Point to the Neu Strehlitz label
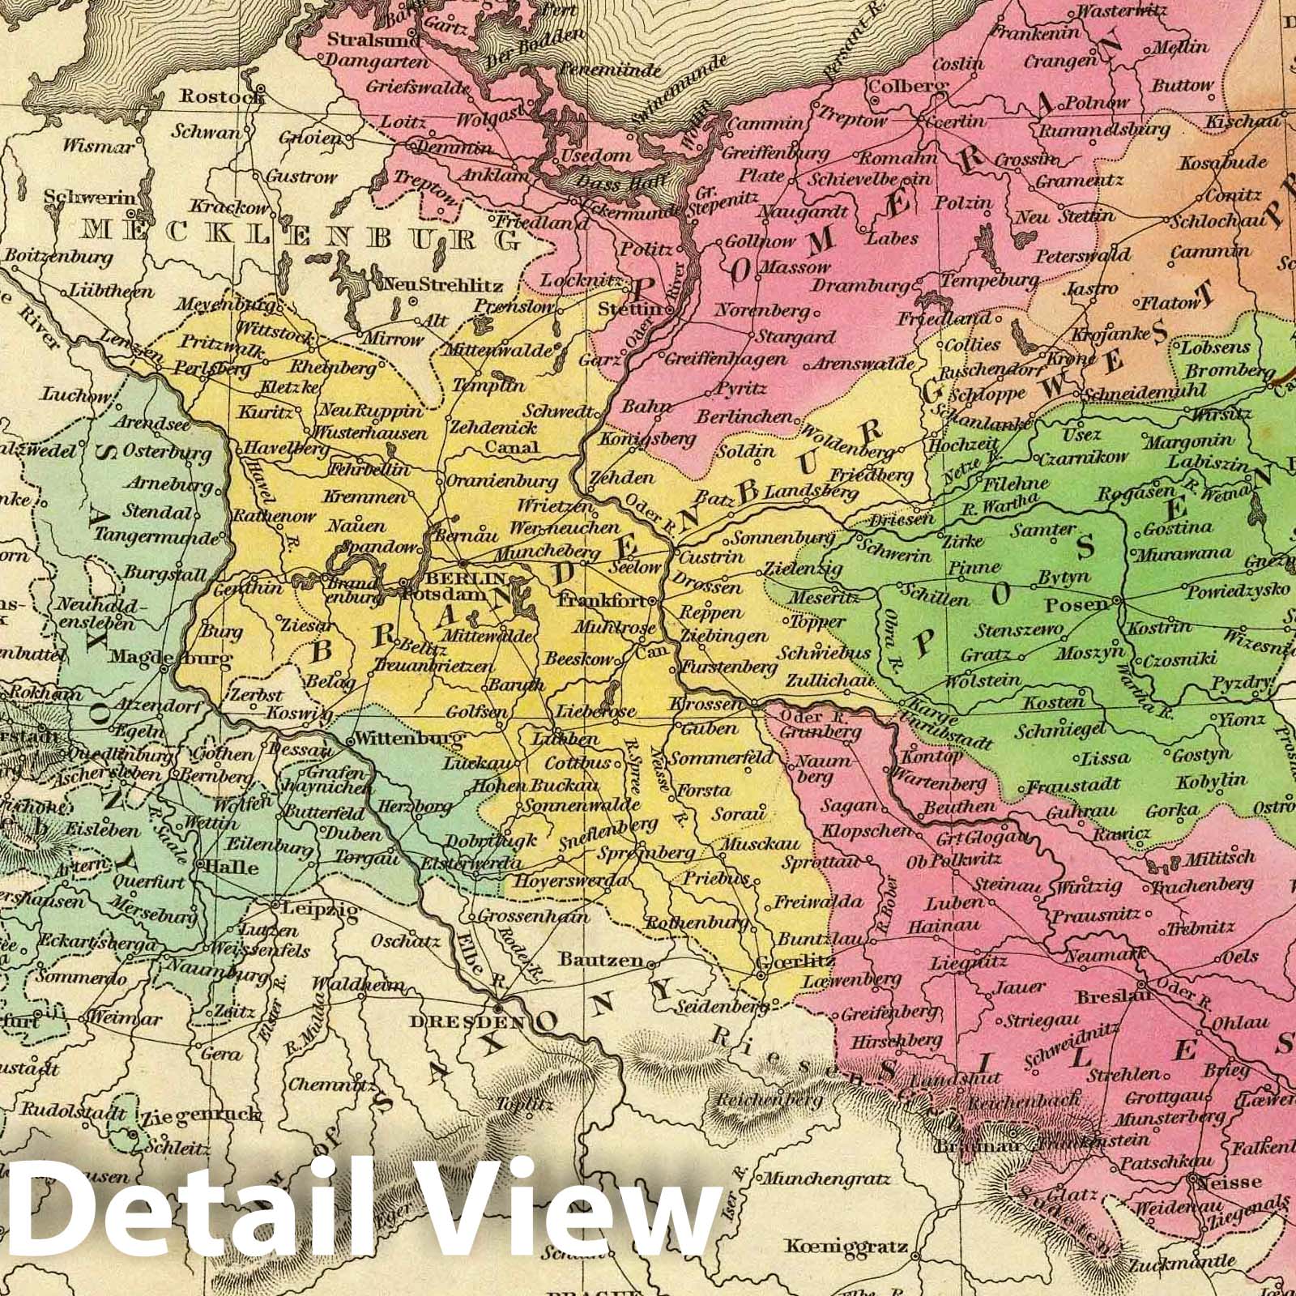click(x=450, y=285)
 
